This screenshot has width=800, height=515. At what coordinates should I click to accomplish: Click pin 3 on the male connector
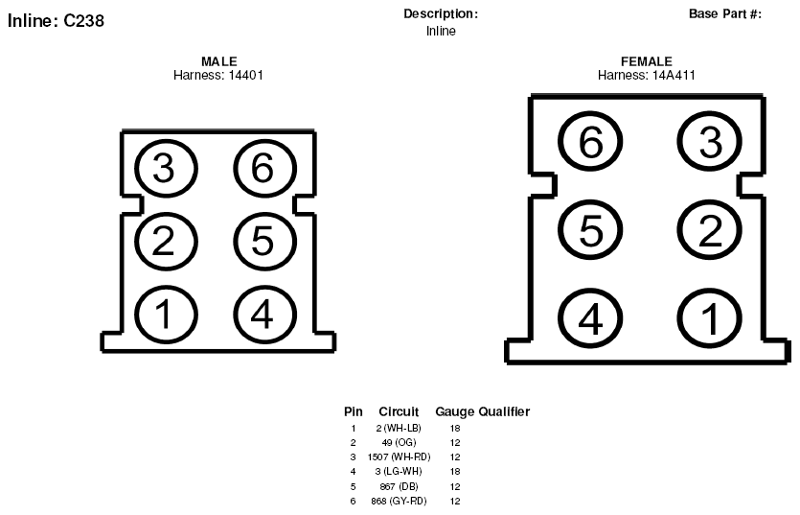(x=166, y=168)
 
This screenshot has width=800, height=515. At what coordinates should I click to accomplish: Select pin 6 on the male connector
(x=264, y=168)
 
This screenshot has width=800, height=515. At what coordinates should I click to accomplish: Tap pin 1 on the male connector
(x=166, y=315)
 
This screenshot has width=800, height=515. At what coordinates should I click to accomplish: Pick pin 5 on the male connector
(x=264, y=241)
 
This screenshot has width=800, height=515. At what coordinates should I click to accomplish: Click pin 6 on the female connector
(x=590, y=141)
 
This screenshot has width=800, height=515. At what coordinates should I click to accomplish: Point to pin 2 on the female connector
(x=710, y=229)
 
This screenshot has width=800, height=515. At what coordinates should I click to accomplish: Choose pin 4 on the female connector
(x=590, y=318)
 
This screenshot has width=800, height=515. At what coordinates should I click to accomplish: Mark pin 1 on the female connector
(x=710, y=318)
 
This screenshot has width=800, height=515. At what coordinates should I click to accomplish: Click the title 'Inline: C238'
(x=57, y=21)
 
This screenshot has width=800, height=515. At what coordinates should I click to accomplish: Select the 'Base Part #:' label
(x=725, y=13)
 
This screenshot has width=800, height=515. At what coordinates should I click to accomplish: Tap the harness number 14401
(x=246, y=75)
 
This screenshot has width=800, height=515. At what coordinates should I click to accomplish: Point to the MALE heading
(x=219, y=61)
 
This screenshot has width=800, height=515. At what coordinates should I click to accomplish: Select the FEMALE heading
(x=647, y=61)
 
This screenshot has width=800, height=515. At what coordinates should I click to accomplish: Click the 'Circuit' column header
(x=399, y=411)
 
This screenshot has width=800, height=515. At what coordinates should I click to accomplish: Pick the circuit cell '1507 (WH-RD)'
(x=399, y=456)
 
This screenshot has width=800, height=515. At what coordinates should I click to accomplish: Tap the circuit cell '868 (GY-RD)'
(x=399, y=502)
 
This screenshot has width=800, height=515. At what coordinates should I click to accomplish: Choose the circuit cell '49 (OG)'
(x=399, y=442)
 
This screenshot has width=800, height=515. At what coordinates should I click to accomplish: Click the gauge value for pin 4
(x=454, y=472)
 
